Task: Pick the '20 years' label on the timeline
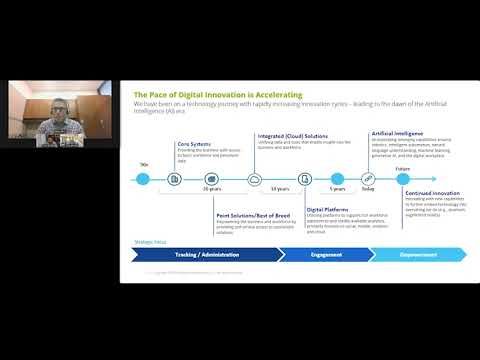211,188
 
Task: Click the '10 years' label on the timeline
282,188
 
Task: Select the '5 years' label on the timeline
337,188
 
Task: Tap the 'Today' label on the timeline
367,188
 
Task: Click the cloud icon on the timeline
255,180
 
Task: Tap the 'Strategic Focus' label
149,241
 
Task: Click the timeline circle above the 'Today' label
367,180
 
